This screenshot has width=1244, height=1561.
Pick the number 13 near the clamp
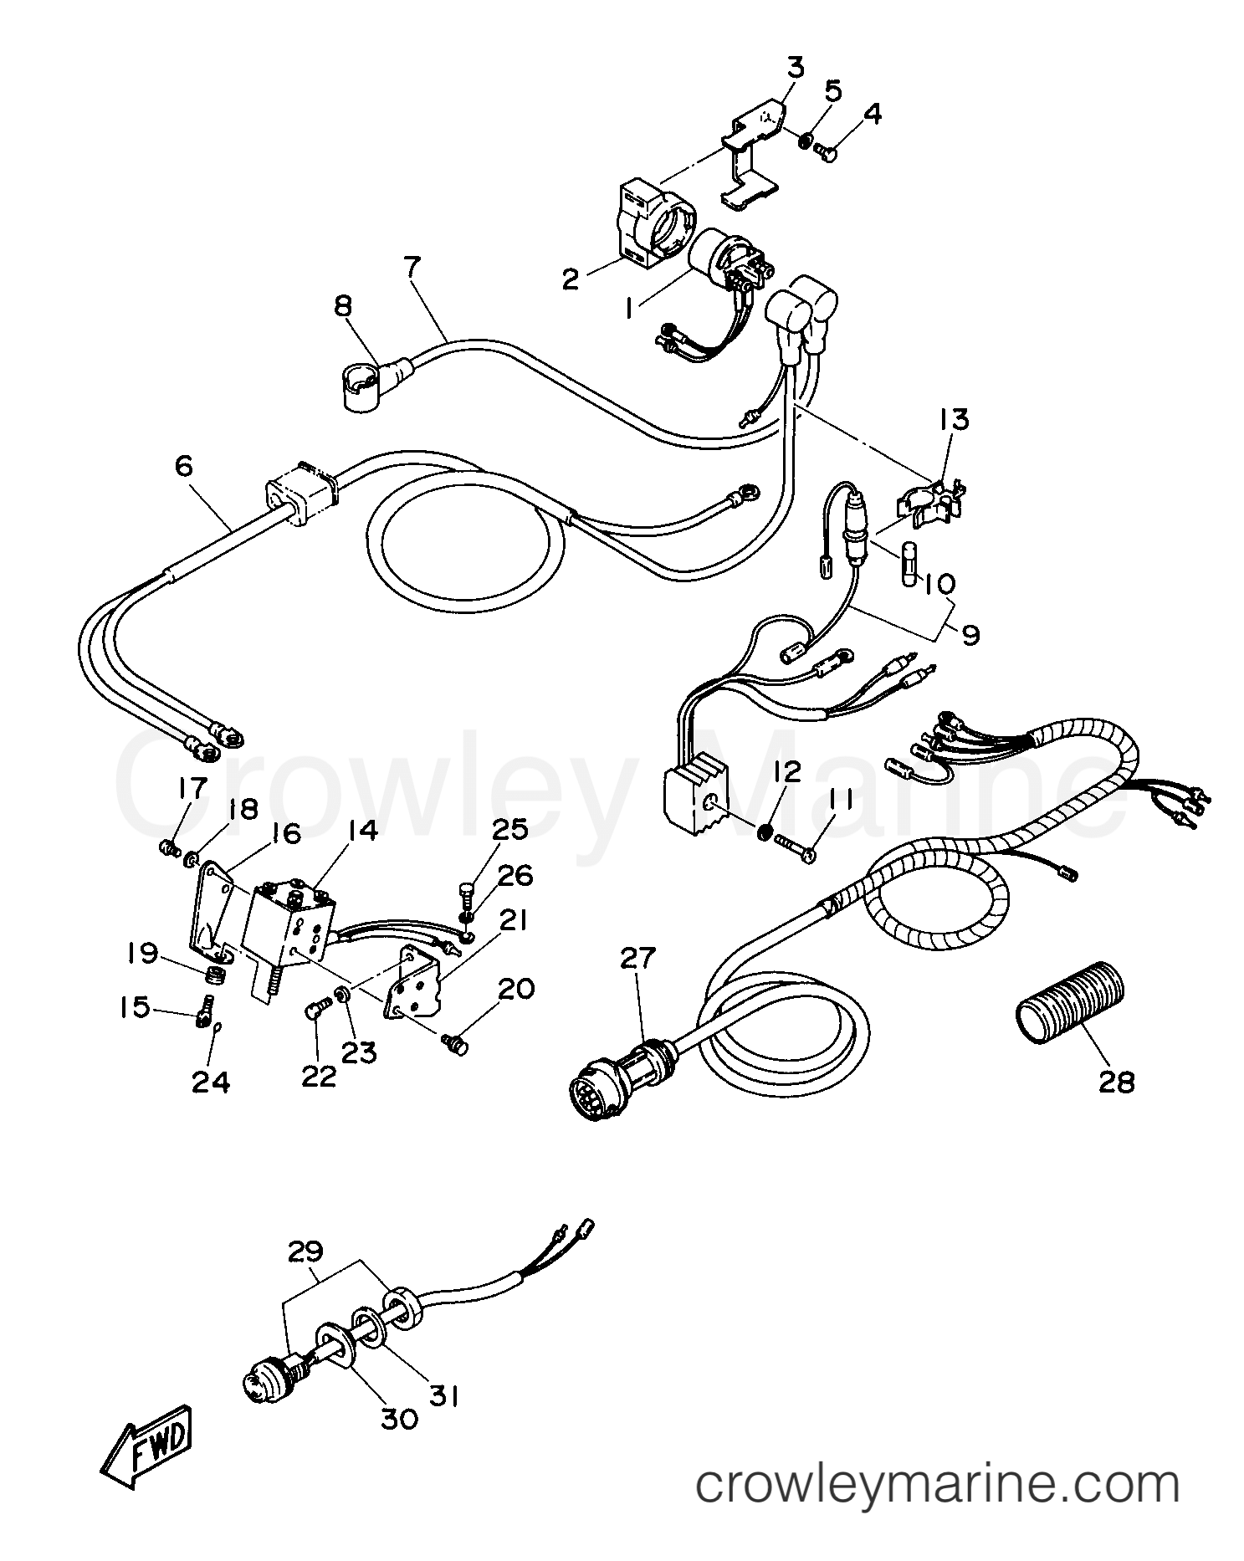point(955,419)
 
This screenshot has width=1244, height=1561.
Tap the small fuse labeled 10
point(912,566)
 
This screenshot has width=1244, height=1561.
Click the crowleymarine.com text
point(938,1484)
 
